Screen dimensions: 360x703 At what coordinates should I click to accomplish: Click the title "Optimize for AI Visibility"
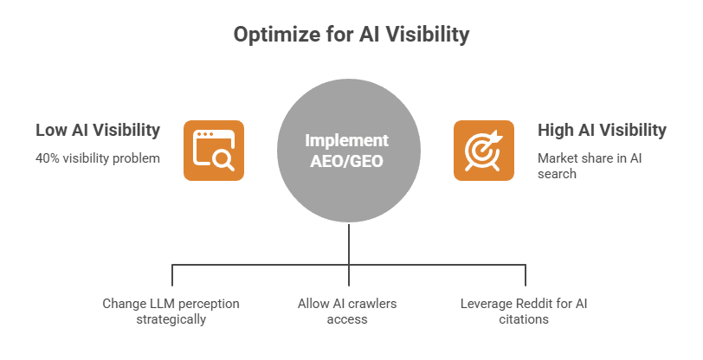(351, 35)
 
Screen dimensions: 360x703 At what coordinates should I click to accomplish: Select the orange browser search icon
(211, 150)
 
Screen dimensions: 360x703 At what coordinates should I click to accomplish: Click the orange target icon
(483, 150)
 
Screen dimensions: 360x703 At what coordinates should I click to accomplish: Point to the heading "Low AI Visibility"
(98, 130)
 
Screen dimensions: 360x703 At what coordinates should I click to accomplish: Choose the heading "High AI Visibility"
(602, 130)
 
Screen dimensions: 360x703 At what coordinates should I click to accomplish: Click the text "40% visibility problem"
(98, 158)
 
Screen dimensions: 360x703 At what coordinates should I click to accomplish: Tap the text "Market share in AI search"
(588, 166)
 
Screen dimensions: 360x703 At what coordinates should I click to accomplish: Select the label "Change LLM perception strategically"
(171, 311)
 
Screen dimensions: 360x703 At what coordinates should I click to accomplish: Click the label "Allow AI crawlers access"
(347, 311)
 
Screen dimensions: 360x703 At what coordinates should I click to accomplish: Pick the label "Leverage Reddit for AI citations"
(524, 311)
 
